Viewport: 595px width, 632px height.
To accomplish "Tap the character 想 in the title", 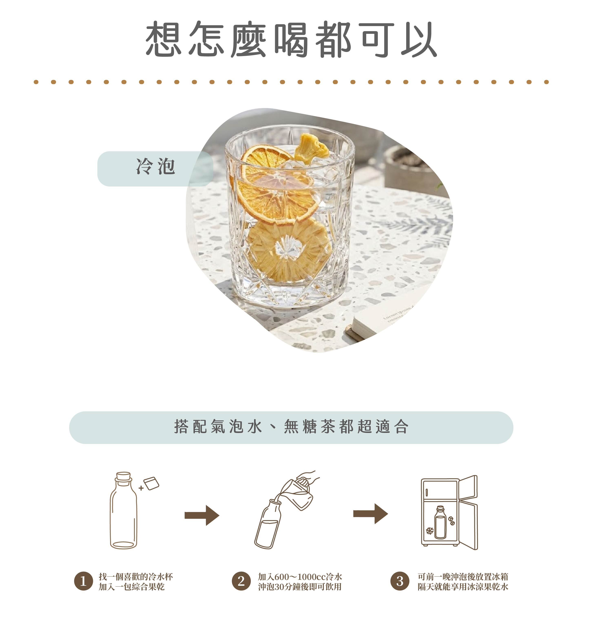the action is coord(164,39).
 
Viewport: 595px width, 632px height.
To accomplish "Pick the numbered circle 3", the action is coord(400,581).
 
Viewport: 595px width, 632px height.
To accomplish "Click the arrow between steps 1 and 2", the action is coord(202,515).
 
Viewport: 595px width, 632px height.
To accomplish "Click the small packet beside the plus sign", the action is coord(151,483).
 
